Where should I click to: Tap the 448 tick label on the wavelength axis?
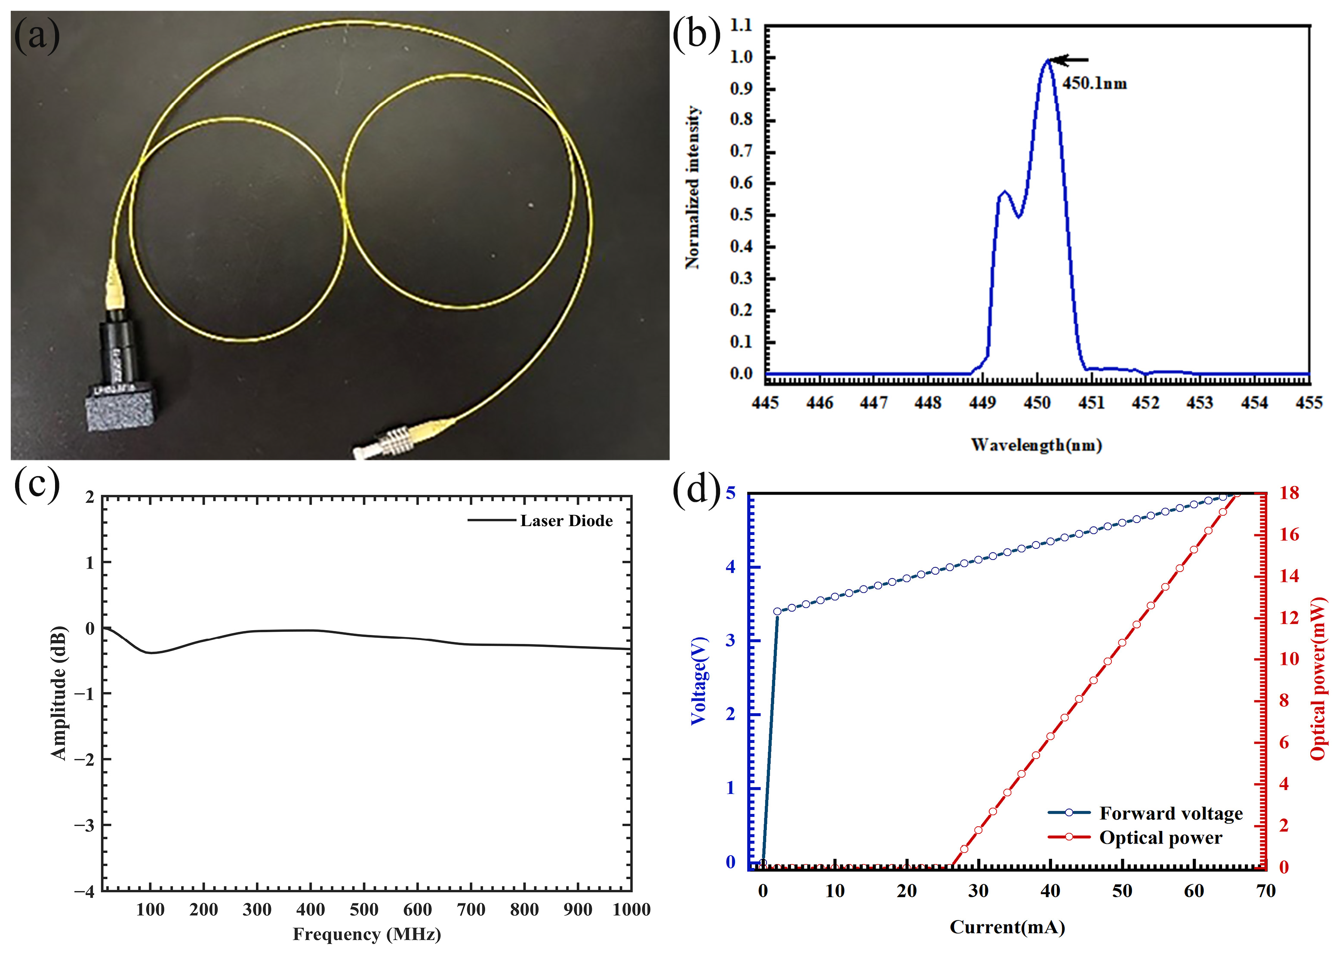[x=928, y=403]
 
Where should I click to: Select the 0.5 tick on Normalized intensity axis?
[x=741, y=215]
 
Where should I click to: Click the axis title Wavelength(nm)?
[x=1036, y=445]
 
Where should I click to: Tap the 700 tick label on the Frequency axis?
[x=471, y=910]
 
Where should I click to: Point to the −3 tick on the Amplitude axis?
[x=86, y=825]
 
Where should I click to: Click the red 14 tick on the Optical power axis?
[x=1289, y=576]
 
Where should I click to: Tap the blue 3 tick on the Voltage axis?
[x=730, y=641]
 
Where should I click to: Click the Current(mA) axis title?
[x=1007, y=928]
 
